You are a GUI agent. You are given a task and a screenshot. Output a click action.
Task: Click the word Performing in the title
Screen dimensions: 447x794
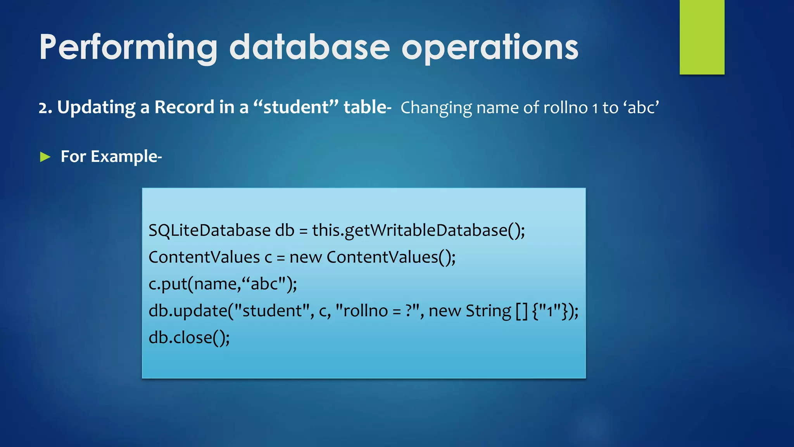click(x=128, y=47)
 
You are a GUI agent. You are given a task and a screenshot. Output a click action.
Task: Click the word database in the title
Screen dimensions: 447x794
click(x=309, y=47)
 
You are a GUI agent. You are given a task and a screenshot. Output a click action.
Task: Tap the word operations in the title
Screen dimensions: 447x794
click(x=490, y=47)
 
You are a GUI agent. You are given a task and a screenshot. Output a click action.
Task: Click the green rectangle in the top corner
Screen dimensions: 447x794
click(x=702, y=37)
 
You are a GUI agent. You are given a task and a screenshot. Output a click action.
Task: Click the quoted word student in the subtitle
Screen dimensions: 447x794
click(x=296, y=107)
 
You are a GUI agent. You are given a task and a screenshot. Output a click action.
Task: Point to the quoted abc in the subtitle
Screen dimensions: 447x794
click(x=642, y=107)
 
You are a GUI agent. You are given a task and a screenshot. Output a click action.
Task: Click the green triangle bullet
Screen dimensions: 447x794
click(x=45, y=157)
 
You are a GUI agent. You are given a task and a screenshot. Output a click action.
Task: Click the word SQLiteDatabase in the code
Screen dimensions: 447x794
click(x=209, y=230)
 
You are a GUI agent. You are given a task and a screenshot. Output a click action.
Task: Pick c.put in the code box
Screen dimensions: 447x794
click(x=167, y=284)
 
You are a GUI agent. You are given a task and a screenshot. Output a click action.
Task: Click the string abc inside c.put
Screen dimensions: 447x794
click(x=265, y=284)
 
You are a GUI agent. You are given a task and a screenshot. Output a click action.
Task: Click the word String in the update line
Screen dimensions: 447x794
click(x=488, y=311)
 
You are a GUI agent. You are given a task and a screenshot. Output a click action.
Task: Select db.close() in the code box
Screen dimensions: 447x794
click(x=189, y=338)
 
